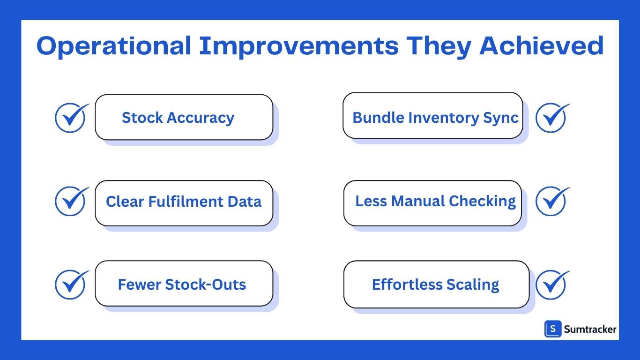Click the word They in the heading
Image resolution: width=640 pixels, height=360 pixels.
(439, 46)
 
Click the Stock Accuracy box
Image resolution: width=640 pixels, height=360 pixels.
(184, 117)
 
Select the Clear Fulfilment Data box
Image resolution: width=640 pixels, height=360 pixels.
(184, 202)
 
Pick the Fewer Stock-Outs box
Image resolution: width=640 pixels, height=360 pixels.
(184, 284)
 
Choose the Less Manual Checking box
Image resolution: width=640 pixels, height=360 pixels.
(432, 202)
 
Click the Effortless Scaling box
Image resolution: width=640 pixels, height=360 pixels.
(436, 285)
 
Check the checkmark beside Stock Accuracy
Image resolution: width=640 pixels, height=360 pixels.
(71, 117)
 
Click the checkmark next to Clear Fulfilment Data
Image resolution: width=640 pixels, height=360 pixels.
(71, 201)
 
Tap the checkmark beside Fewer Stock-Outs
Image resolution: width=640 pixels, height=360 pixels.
(71, 285)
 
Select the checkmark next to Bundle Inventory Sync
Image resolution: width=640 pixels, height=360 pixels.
(551, 117)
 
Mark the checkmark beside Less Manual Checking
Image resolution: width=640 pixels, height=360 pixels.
(551, 201)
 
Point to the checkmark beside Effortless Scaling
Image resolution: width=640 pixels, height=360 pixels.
(551, 285)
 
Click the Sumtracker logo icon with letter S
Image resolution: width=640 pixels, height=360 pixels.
(553, 329)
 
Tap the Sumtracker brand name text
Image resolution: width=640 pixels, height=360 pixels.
(590, 330)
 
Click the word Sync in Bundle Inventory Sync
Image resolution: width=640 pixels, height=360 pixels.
(503, 117)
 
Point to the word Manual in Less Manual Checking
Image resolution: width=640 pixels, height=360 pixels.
(418, 201)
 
